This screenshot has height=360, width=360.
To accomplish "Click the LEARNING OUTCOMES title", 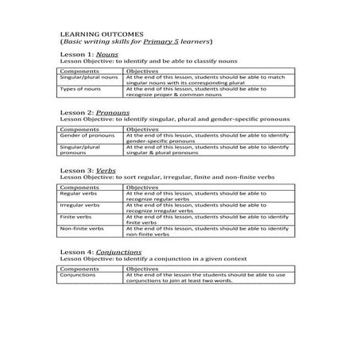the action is pyautogui.click(x=97, y=34).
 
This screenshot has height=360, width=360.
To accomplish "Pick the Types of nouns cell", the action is pyautogui.click(x=79, y=90).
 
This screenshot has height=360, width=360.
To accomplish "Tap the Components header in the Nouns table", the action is pyautogui.click(x=79, y=70).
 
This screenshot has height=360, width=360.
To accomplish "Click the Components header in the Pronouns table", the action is pyautogui.click(x=79, y=128).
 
